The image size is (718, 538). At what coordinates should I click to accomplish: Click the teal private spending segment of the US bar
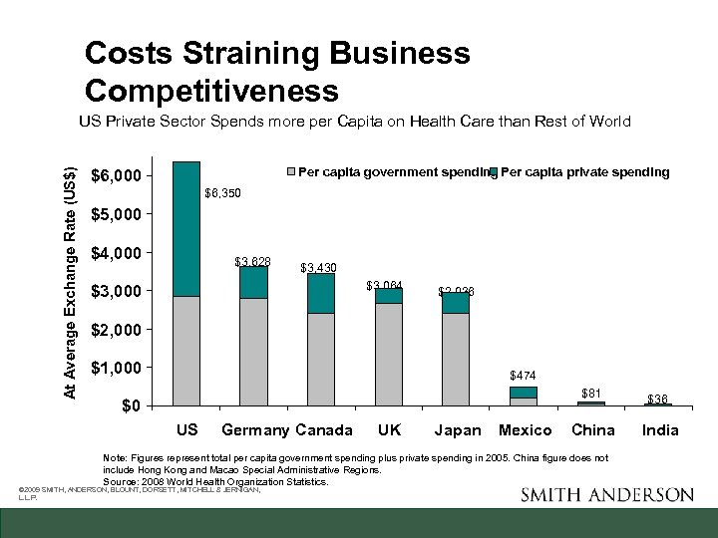186,228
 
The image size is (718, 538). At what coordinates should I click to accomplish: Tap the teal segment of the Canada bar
321,293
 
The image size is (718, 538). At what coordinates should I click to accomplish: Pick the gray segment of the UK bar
389,354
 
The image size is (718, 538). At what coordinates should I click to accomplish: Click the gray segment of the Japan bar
456,359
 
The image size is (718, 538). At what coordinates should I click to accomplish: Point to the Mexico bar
524,396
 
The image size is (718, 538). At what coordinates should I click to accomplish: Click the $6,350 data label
222,192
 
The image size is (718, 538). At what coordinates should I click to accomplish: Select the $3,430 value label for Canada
318,268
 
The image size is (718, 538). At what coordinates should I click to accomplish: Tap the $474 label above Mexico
523,376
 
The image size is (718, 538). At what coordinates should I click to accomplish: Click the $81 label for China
591,393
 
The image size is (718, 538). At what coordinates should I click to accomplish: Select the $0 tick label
131,406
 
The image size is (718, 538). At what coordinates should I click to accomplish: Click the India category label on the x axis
660,430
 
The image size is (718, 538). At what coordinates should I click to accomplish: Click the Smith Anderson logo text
606,495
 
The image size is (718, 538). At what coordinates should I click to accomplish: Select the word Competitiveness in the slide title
211,91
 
